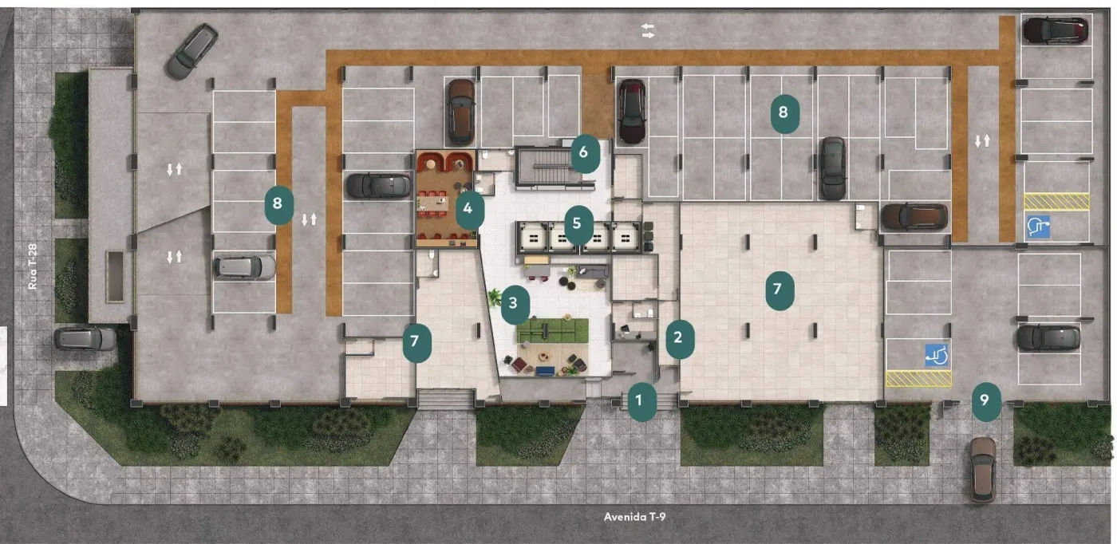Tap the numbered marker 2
click(680, 339)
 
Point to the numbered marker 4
click(469, 209)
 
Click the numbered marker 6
click(585, 153)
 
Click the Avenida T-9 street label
click(634, 517)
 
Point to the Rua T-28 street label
click(33, 266)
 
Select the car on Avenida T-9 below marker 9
click(982, 469)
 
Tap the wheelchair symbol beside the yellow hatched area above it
click(1038, 227)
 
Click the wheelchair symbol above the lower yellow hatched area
click(937, 355)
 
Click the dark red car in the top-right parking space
click(1055, 30)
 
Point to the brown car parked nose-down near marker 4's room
click(460, 112)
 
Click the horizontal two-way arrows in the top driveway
click(647, 30)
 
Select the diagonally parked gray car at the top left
click(192, 51)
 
